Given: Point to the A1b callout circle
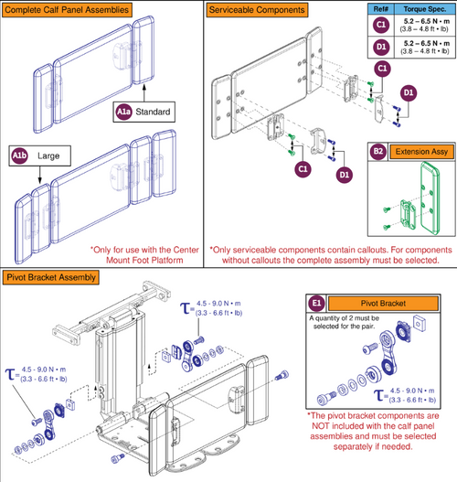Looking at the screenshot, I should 19,157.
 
